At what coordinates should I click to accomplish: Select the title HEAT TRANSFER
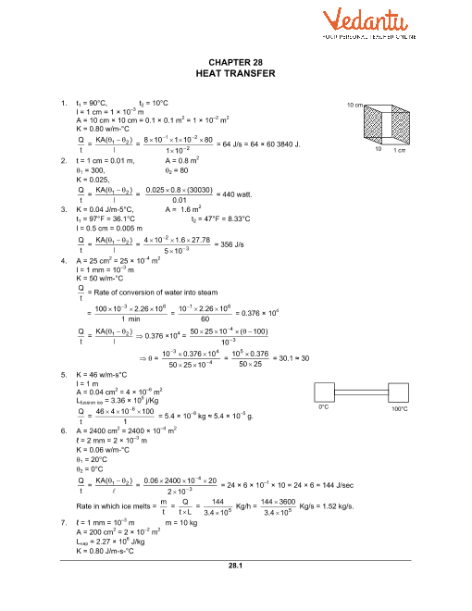tap(236, 73)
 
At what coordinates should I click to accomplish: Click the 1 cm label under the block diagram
tap(400, 150)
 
